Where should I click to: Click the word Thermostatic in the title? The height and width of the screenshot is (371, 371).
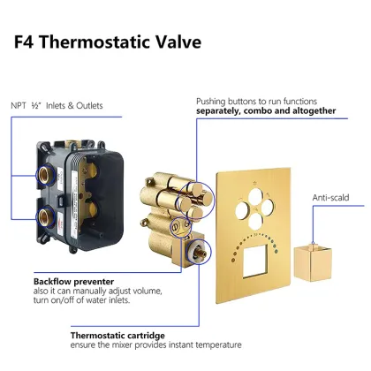[x=95, y=42]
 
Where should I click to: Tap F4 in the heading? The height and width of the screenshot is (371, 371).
[x=24, y=42]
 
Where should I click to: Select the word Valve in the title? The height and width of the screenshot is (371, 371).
[x=178, y=42]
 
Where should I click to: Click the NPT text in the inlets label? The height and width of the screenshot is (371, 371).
[x=19, y=105]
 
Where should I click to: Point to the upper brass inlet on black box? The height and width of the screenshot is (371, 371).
[x=45, y=175]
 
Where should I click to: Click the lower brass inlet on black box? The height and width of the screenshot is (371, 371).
[x=45, y=216]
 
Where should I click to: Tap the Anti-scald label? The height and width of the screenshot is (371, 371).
[x=330, y=197]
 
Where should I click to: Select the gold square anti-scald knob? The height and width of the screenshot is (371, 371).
[x=313, y=262]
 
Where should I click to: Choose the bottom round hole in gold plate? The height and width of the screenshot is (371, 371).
[x=255, y=221]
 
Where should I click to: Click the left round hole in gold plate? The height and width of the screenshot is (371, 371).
[x=243, y=209]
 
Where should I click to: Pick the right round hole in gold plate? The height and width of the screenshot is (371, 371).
[x=268, y=208]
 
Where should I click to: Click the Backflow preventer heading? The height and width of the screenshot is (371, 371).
[x=73, y=282]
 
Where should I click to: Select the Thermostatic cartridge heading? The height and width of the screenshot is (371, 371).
[x=117, y=336]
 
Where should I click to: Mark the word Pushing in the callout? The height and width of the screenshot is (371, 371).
[x=210, y=102]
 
